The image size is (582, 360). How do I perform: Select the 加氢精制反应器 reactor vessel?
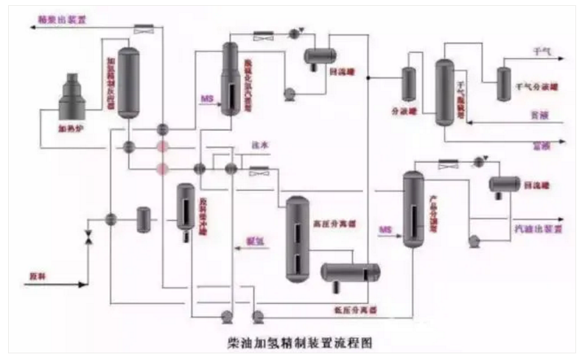tap(130, 82)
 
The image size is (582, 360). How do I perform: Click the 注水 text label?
tap(260, 146)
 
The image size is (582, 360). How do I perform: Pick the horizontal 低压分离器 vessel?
tap(349, 272)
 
